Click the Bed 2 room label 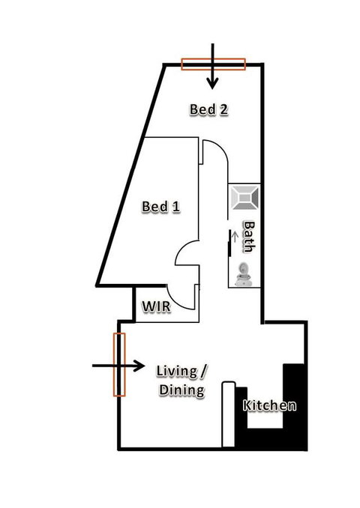208,109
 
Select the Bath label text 248,236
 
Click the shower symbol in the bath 245,198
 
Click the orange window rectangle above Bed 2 214,64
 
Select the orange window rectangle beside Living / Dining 118,364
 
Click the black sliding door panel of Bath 229,244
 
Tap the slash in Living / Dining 203,371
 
